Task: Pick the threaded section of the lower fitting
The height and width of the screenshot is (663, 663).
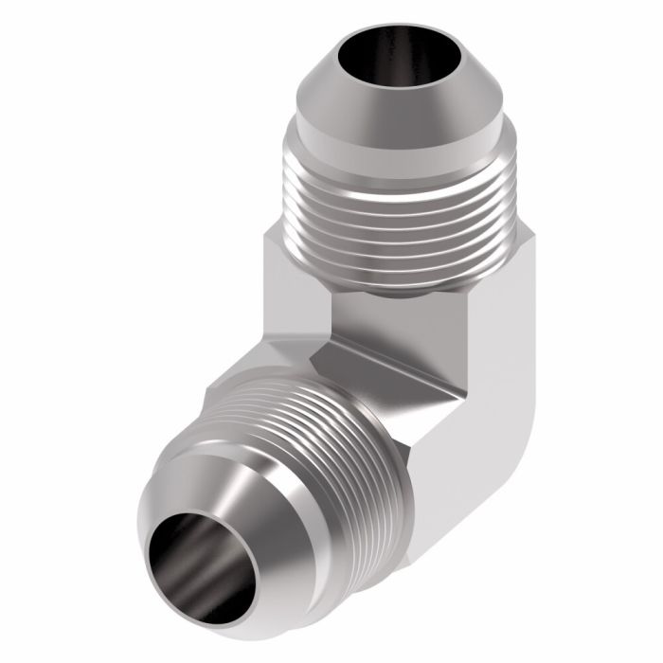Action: point(313,426)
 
